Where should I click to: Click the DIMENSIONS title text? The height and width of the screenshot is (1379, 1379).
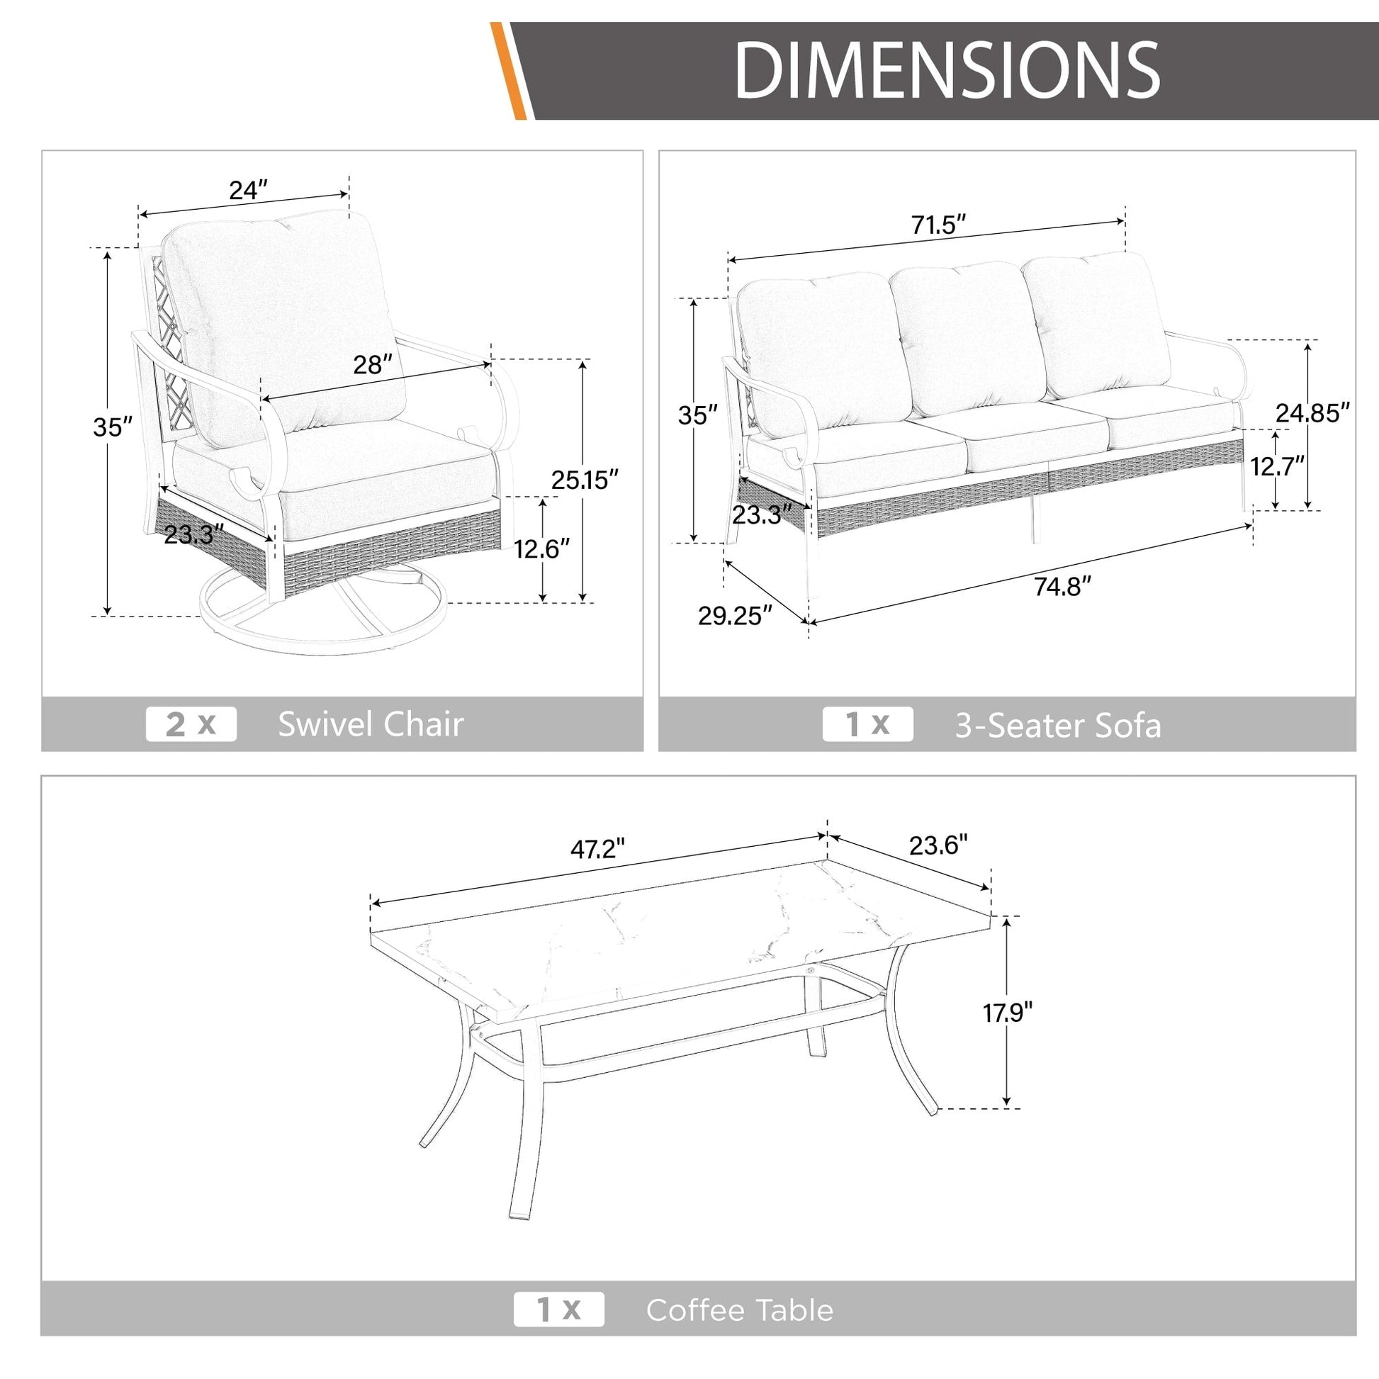pos(947,70)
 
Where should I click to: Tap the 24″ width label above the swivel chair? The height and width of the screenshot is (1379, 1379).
pos(249,190)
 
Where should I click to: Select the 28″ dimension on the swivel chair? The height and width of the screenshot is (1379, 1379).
pos(373,365)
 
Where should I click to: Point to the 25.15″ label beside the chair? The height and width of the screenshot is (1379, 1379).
pos(585,480)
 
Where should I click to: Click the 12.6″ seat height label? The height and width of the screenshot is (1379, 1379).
pos(541,549)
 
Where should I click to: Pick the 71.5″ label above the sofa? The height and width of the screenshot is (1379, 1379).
pos(939,225)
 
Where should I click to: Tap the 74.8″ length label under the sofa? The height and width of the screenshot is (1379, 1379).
pos(1063,587)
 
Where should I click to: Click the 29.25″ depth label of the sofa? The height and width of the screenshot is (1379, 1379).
pos(735,615)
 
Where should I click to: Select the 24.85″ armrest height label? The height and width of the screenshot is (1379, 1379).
pos(1312,412)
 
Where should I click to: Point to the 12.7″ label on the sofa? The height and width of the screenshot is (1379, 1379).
pos(1278,466)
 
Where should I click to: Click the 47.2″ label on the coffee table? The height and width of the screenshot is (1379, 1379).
pos(597,849)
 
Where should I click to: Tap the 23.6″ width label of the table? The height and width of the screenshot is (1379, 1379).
pos(939,845)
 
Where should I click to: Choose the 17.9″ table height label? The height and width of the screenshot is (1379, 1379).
pos(1008,1012)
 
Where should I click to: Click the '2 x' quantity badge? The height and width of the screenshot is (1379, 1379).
pos(191,724)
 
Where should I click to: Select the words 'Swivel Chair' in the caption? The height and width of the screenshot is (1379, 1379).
pos(371,724)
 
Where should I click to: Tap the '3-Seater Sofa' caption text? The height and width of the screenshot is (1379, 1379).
pos(1059,726)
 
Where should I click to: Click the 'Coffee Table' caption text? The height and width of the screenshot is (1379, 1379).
pos(740,1310)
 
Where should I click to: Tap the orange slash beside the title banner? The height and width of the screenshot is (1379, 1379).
pos(508,71)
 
